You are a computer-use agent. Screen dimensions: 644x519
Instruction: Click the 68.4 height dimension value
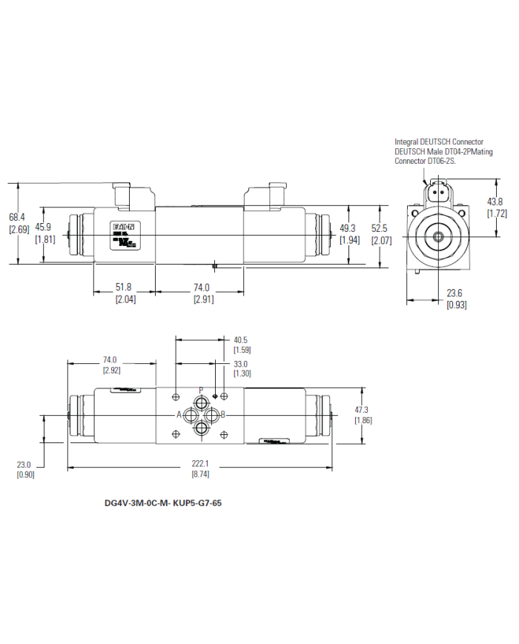click(17, 217)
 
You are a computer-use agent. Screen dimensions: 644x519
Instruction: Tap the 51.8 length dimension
click(123, 288)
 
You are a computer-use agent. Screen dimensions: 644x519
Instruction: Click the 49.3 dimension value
click(348, 228)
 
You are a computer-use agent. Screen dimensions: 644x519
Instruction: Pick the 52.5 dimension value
click(380, 228)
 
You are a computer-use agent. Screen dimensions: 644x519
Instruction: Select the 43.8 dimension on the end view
click(496, 202)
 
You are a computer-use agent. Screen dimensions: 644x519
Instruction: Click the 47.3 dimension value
click(363, 409)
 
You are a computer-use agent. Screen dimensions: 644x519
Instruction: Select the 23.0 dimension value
click(24, 465)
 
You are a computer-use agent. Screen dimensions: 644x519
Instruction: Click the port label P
click(201, 390)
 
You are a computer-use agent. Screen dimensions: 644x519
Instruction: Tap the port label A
click(179, 414)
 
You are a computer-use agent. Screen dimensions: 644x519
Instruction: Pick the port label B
click(223, 414)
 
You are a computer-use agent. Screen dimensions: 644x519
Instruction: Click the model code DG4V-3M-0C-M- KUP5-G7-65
click(163, 502)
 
